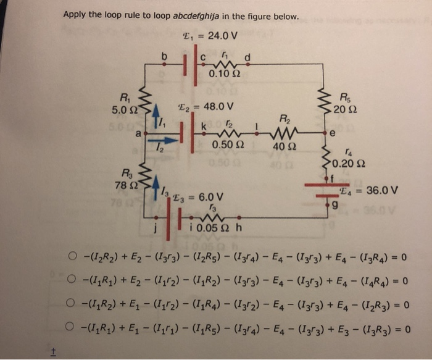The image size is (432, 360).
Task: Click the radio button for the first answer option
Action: click(x=73, y=257)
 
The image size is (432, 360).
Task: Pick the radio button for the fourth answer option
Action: click(x=73, y=328)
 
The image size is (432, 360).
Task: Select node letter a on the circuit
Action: click(x=139, y=132)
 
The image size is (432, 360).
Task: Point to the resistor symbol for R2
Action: click(x=285, y=131)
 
